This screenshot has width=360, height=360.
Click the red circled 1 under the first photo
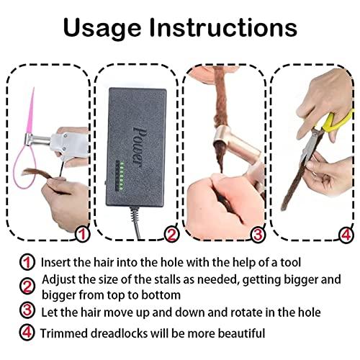point(82,234)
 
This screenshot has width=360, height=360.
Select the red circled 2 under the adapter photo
point(171,234)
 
